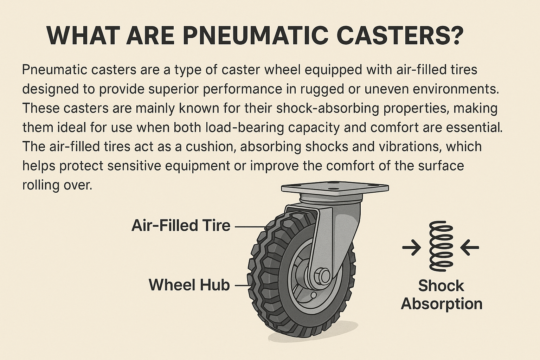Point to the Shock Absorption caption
(x=442, y=295)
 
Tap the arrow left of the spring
(x=412, y=247)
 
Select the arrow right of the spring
(x=470, y=247)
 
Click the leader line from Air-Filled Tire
(x=250, y=227)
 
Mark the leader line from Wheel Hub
(x=242, y=286)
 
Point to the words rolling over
(x=57, y=185)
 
